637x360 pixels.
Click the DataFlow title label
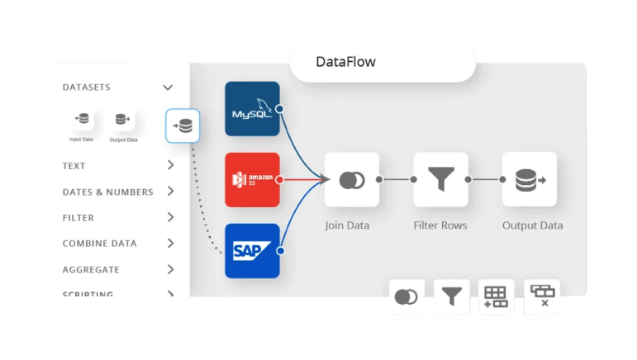345,62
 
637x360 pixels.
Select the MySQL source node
252,109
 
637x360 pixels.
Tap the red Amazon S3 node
252,179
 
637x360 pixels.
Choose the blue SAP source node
252,250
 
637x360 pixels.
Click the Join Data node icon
351,179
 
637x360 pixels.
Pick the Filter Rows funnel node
440,179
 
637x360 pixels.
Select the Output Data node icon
530,179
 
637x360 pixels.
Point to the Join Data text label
347,225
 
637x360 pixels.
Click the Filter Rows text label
440,225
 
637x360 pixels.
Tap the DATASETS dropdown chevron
168,88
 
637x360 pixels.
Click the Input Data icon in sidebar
81,120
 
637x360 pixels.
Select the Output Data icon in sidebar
123,120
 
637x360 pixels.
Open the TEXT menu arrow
170,165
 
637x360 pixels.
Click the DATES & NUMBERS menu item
107,192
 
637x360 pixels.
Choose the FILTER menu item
78,218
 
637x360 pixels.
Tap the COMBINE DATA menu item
99,244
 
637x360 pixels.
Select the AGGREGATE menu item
91,270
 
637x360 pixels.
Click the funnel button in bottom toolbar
451,296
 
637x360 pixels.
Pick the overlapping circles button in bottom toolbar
406,296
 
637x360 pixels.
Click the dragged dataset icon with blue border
183,126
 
